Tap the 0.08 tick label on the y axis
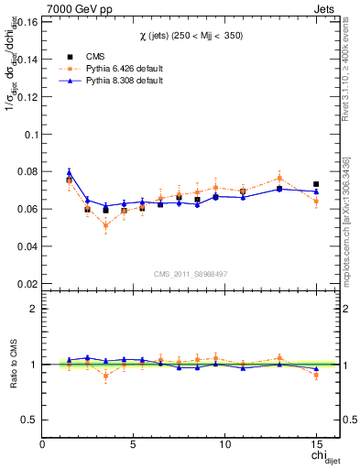pyautogui.click(x=27, y=171)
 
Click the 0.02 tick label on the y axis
pyautogui.click(x=27, y=284)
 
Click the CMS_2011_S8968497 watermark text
pyautogui.click(x=190, y=274)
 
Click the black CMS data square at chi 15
pyautogui.click(x=316, y=184)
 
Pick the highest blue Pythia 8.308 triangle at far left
pyautogui.click(x=69, y=172)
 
